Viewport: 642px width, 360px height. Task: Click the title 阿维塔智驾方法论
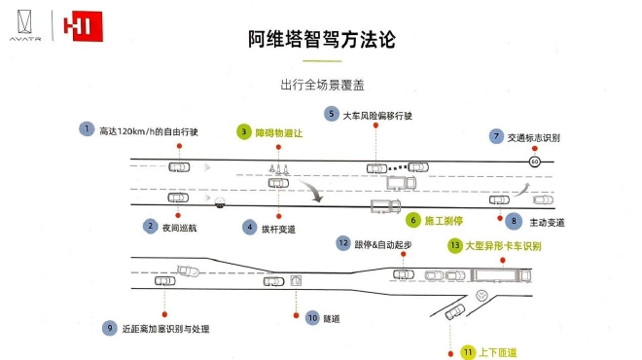tap(321, 39)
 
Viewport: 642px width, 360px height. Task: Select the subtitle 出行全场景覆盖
tap(321, 85)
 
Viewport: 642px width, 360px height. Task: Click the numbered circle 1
tap(88, 129)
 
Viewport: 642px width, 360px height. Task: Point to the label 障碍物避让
tap(280, 130)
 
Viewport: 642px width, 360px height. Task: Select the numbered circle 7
tap(496, 136)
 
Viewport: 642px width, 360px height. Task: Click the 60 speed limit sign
tap(534, 162)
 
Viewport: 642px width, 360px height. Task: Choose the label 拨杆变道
tap(282, 227)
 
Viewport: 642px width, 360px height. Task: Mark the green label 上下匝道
tap(497, 351)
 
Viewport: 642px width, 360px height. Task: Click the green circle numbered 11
tap(467, 351)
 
